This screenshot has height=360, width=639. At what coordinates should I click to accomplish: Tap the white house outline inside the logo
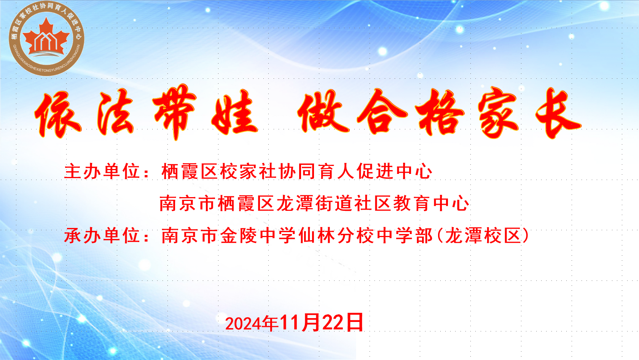pyautogui.click(x=46, y=41)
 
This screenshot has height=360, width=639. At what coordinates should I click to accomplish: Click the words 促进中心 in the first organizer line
pyautogui.click(x=395, y=172)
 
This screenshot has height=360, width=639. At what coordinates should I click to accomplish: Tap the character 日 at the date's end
pyautogui.click(x=355, y=322)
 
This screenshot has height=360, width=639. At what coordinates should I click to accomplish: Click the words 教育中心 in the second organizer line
pyautogui.click(x=431, y=203)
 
